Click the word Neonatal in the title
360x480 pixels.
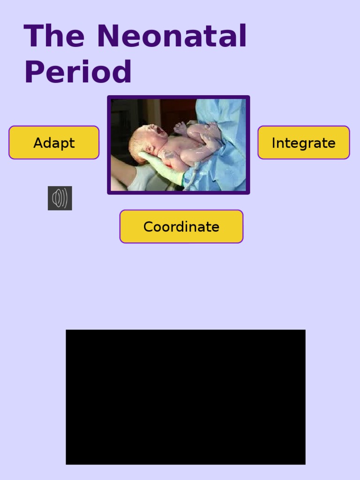172,36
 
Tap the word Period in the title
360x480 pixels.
78,72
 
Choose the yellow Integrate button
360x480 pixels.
303,142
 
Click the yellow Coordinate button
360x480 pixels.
181,226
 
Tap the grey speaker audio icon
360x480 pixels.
60,198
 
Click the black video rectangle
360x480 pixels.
186,397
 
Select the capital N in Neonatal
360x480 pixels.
107,36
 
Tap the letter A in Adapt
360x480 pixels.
37,143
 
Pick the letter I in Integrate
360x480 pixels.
274,143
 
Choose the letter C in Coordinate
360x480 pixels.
148,227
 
